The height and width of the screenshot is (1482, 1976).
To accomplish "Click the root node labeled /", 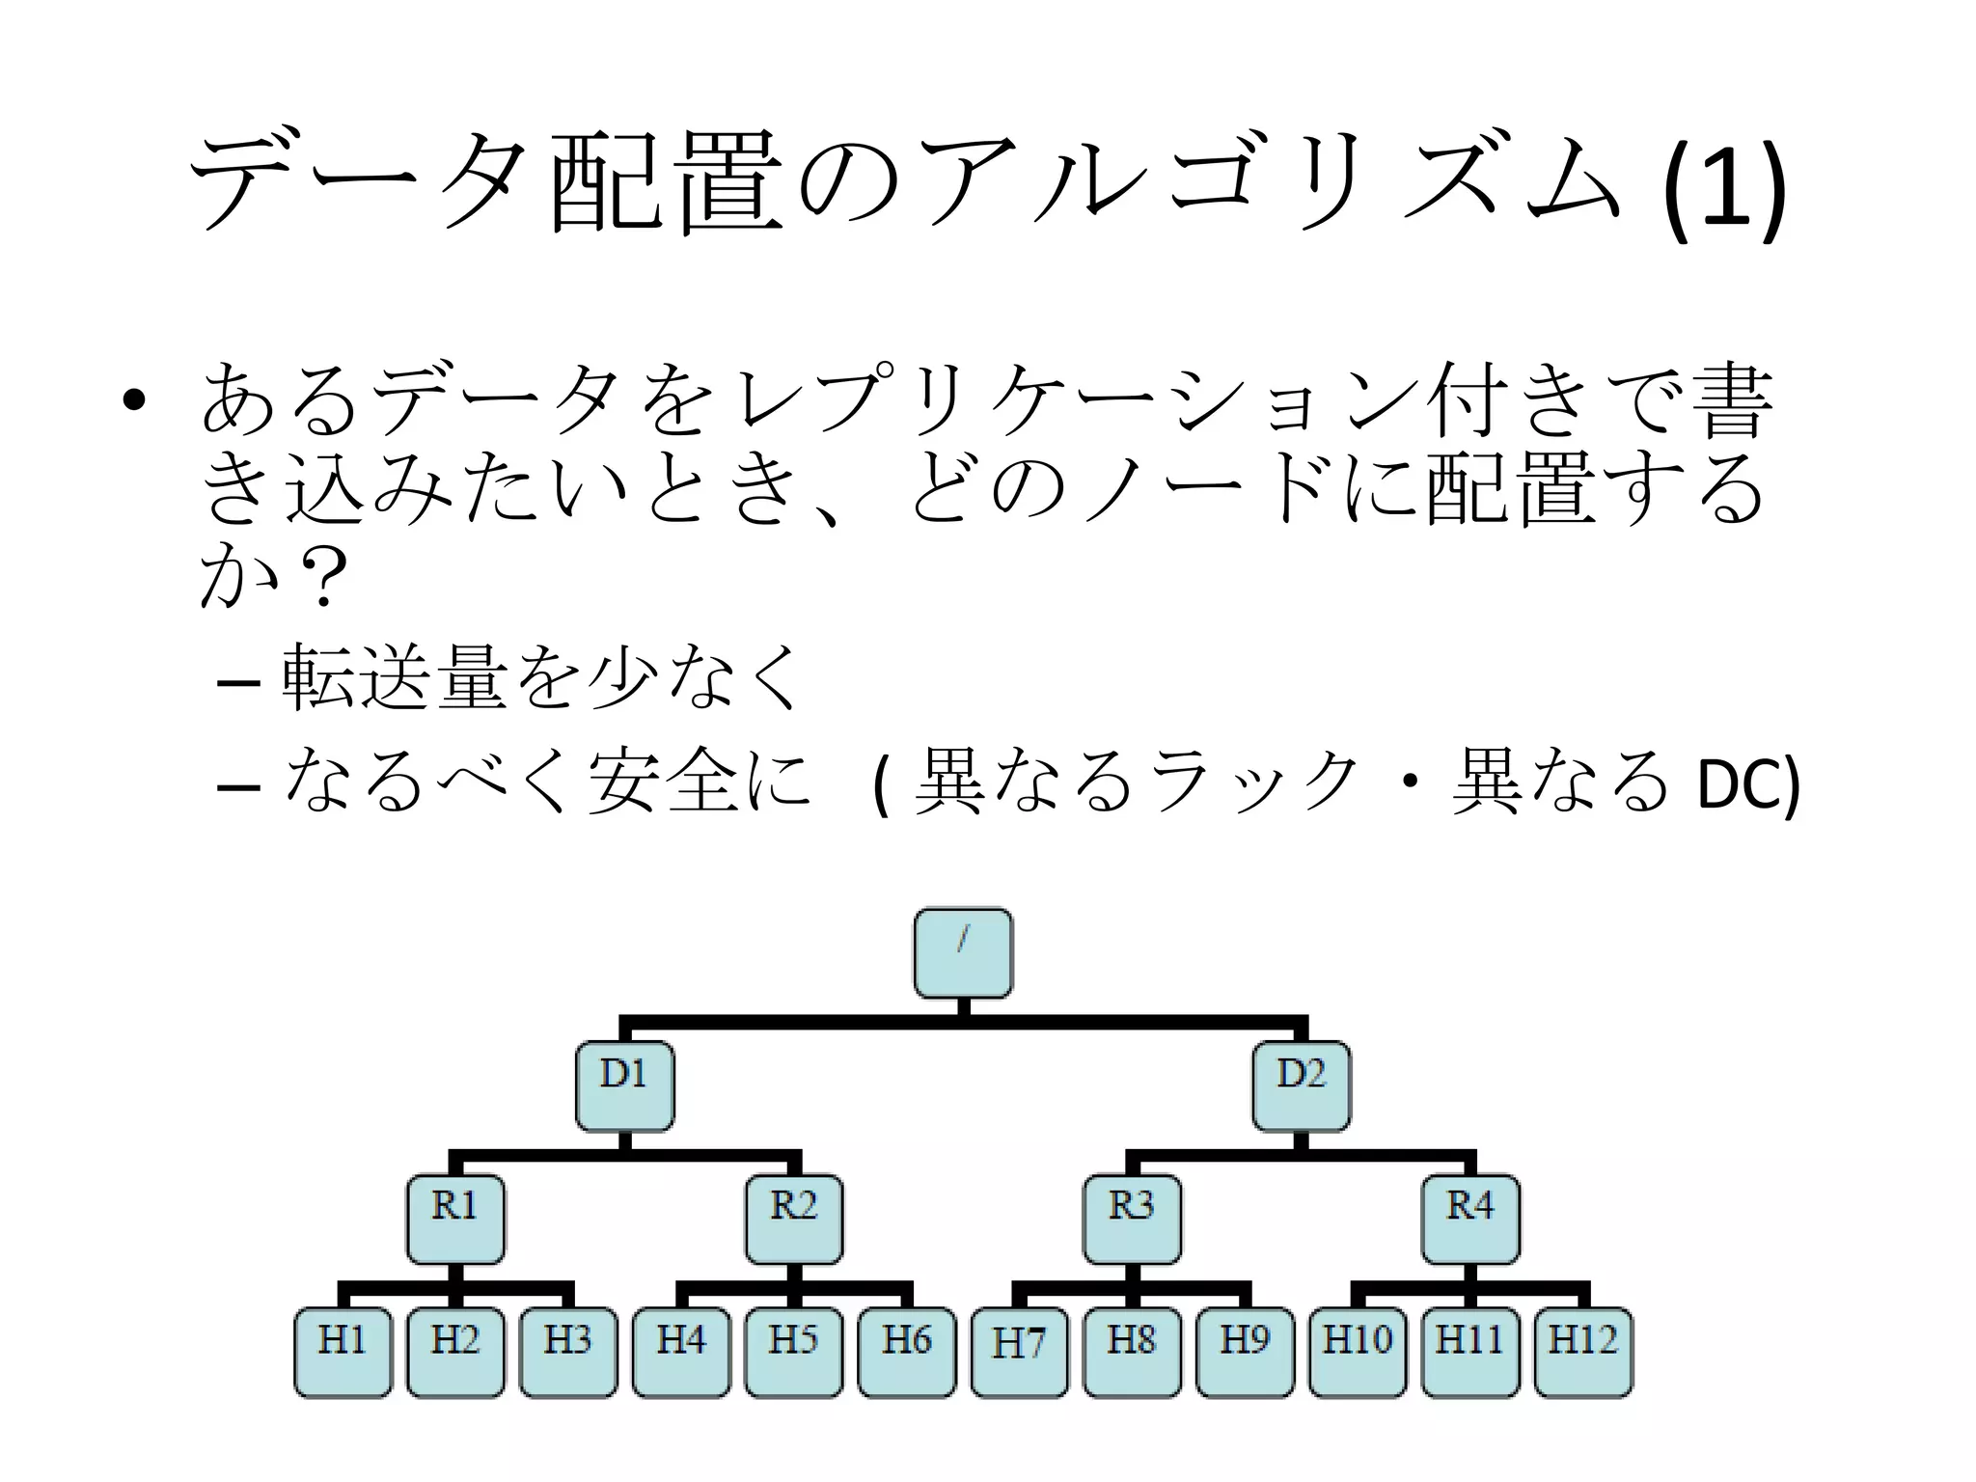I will click(963, 953).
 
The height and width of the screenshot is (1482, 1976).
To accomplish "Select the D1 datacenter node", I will click(624, 1085).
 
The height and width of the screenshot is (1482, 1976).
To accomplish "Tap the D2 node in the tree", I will click(1302, 1085).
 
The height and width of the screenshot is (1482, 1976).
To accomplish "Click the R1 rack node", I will click(455, 1219).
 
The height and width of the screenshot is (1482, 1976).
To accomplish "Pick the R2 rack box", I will click(794, 1219).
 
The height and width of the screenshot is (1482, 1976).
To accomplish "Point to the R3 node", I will click(1132, 1219).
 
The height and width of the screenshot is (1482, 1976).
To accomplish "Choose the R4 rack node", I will click(1470, 1219).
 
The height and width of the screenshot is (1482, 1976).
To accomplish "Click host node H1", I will click(343, 1352).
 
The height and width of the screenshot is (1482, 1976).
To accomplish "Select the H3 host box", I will click(568, 1352).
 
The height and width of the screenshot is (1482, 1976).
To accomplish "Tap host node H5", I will click(794, 1352).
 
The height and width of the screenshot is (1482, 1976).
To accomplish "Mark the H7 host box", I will click(1019, 1352).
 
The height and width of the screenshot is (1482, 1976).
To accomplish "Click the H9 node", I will click(1245, 1352).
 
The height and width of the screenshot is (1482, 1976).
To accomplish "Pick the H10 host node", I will click(1358, 1352).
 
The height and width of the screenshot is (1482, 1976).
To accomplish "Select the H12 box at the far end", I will click(1583, 1352).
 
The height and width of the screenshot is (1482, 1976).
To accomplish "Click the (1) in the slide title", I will click(1722, 188).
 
